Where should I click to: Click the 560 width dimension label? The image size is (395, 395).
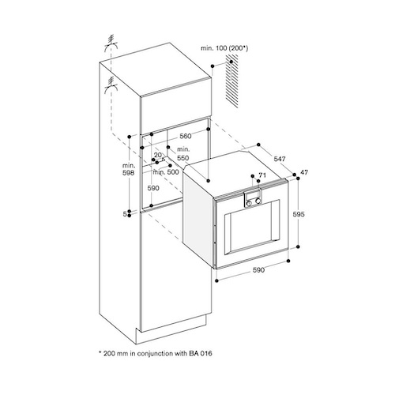(186, 136)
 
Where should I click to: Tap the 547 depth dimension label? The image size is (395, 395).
(280, 159)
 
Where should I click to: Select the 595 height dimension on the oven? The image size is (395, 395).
(299, 214)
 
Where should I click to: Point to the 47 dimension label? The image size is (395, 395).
(304, 172)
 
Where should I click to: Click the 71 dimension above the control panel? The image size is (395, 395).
(262, 175)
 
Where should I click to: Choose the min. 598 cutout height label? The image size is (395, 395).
(129, 169)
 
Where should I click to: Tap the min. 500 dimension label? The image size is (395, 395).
(166, 172)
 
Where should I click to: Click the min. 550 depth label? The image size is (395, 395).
(183, 153)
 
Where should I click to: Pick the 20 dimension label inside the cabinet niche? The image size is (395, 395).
(158, 155)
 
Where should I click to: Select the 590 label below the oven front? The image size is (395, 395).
(258, 270)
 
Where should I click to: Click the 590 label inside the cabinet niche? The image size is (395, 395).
(153, 188)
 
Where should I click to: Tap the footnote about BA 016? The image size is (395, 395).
(156, 353)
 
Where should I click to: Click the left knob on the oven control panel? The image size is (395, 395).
(249, 202)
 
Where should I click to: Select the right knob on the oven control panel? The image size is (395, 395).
(258, 201)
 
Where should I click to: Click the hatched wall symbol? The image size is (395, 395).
(231, 81)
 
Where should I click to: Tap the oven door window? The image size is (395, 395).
(252, 228)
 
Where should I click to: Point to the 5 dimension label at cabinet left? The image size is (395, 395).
(125, 214)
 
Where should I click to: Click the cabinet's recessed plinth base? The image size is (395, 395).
(171, 329)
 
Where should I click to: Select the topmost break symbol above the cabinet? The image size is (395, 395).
(111, 45)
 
